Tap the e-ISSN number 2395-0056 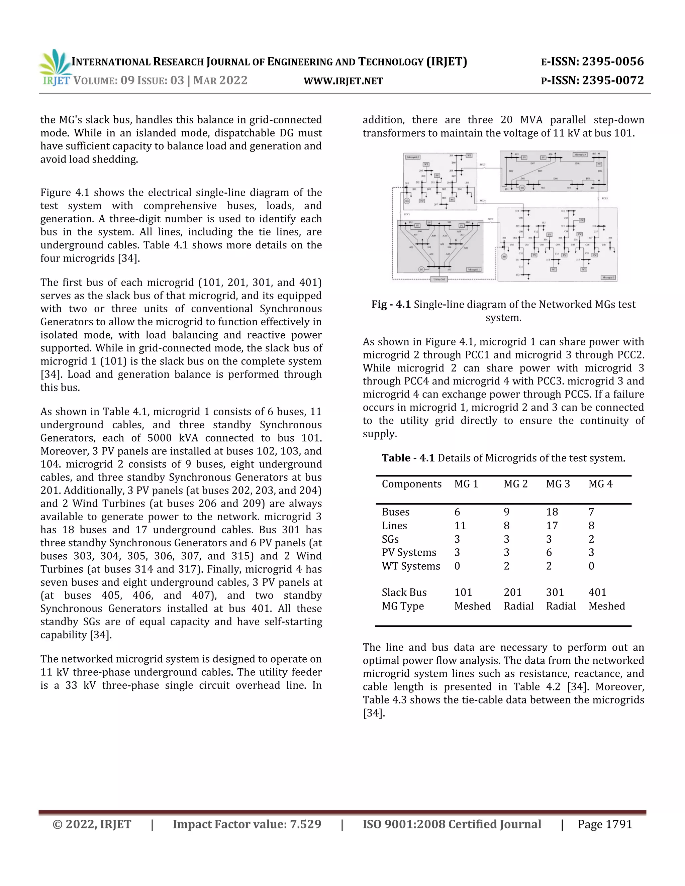(613, 62)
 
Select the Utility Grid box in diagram (439, 279)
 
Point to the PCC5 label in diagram (605, 198)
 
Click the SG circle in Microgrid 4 (522, 188)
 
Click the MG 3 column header (558, 484)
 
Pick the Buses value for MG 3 (552, 512)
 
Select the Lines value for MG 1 (460, 526)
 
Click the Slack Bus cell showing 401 (597, 592)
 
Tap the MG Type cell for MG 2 (518, 606)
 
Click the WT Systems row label (411, 566)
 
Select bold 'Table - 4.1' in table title (408, 458)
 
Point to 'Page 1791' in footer (605, 824)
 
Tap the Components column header (411, 484)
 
